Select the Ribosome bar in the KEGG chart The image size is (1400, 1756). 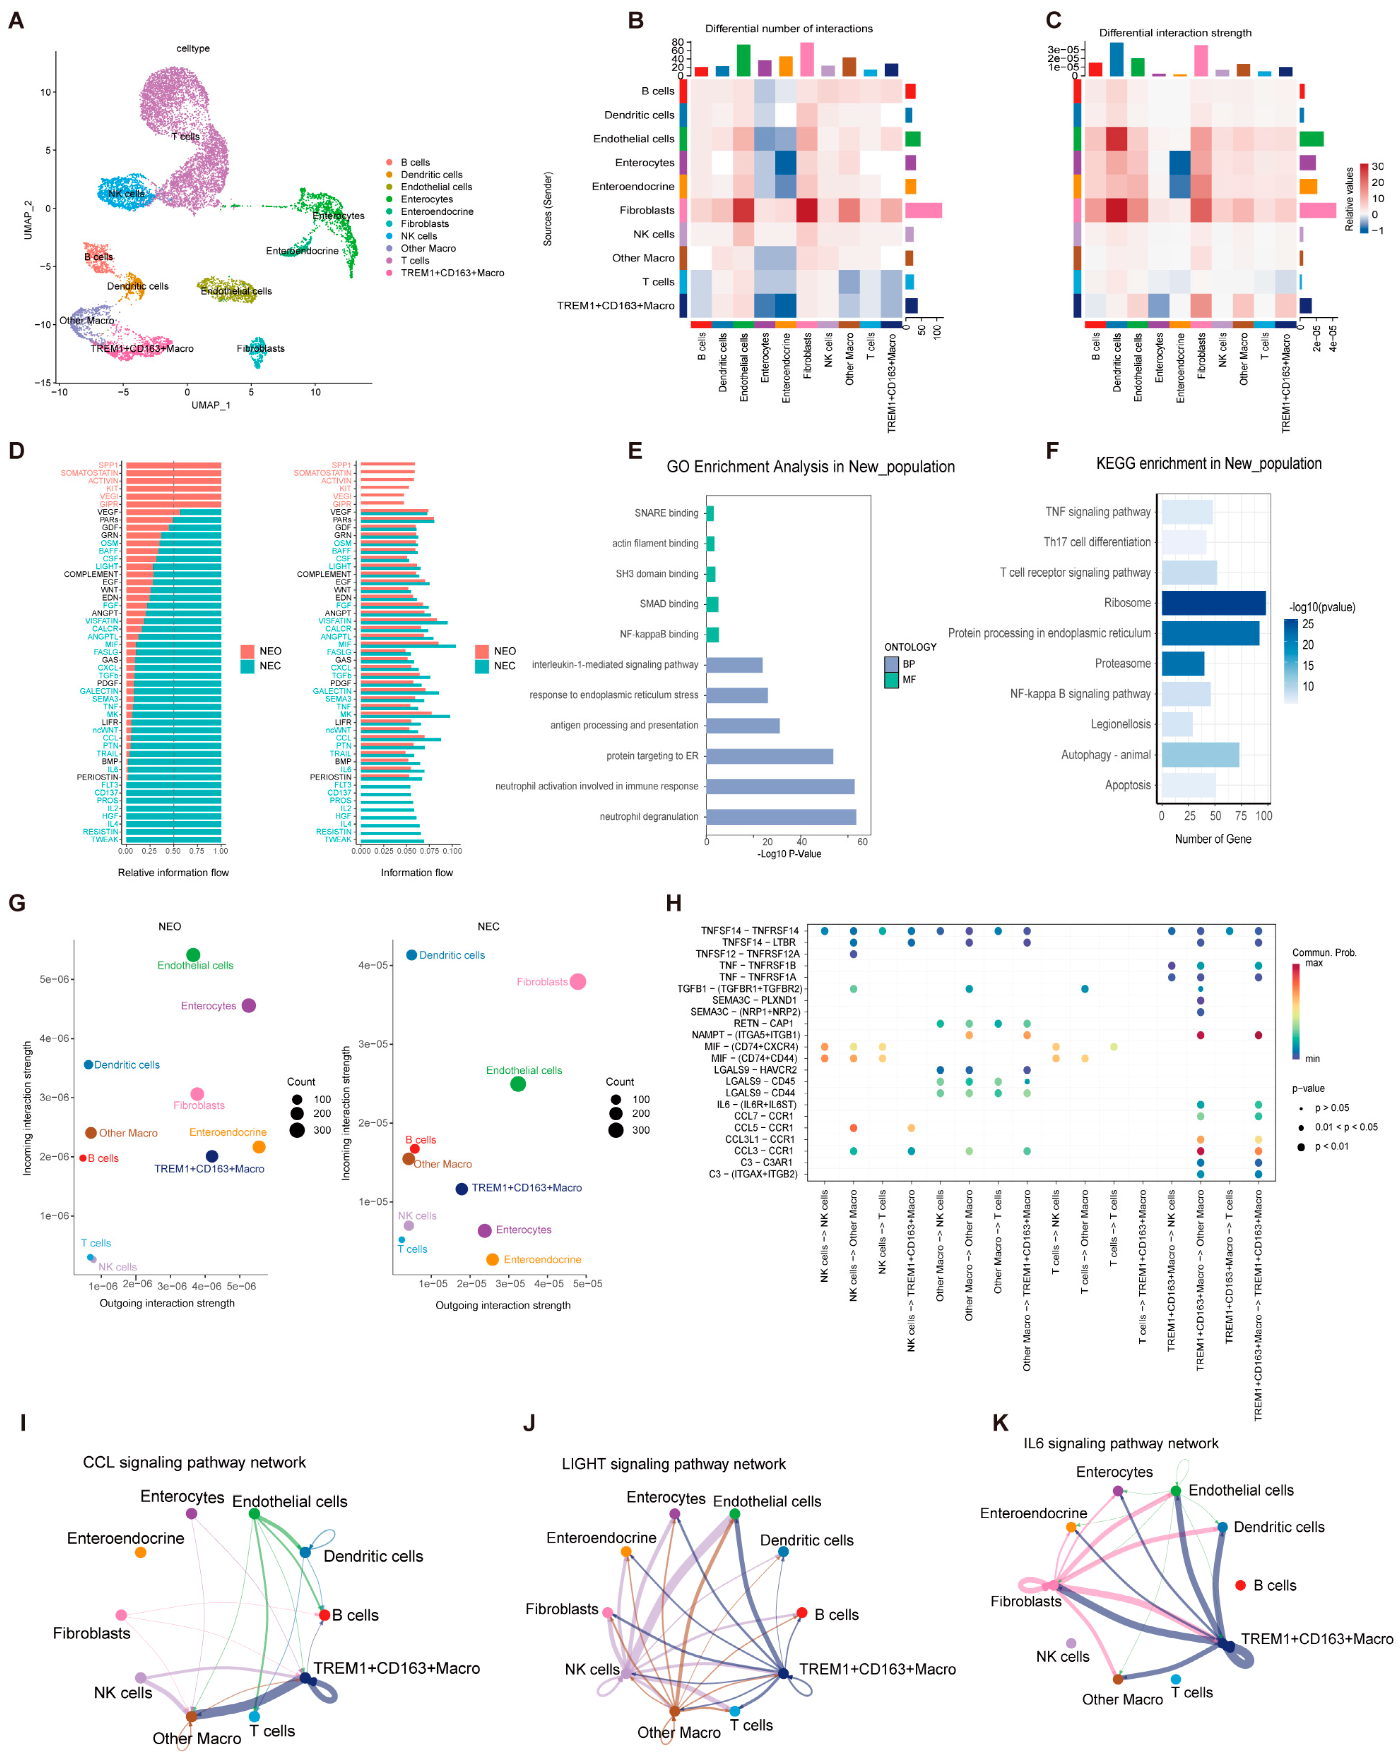click(1212, 603)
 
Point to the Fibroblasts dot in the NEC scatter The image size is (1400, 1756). click(578, 981)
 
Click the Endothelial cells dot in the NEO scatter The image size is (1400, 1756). click(193, 955)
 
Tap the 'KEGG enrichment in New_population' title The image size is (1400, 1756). click(1209, 463)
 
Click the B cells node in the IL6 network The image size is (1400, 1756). click(1240, 1585)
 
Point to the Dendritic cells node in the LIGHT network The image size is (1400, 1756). click(783, 1552)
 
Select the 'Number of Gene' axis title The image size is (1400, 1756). click(1212, 839)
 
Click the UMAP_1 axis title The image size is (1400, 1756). click(211, 405)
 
